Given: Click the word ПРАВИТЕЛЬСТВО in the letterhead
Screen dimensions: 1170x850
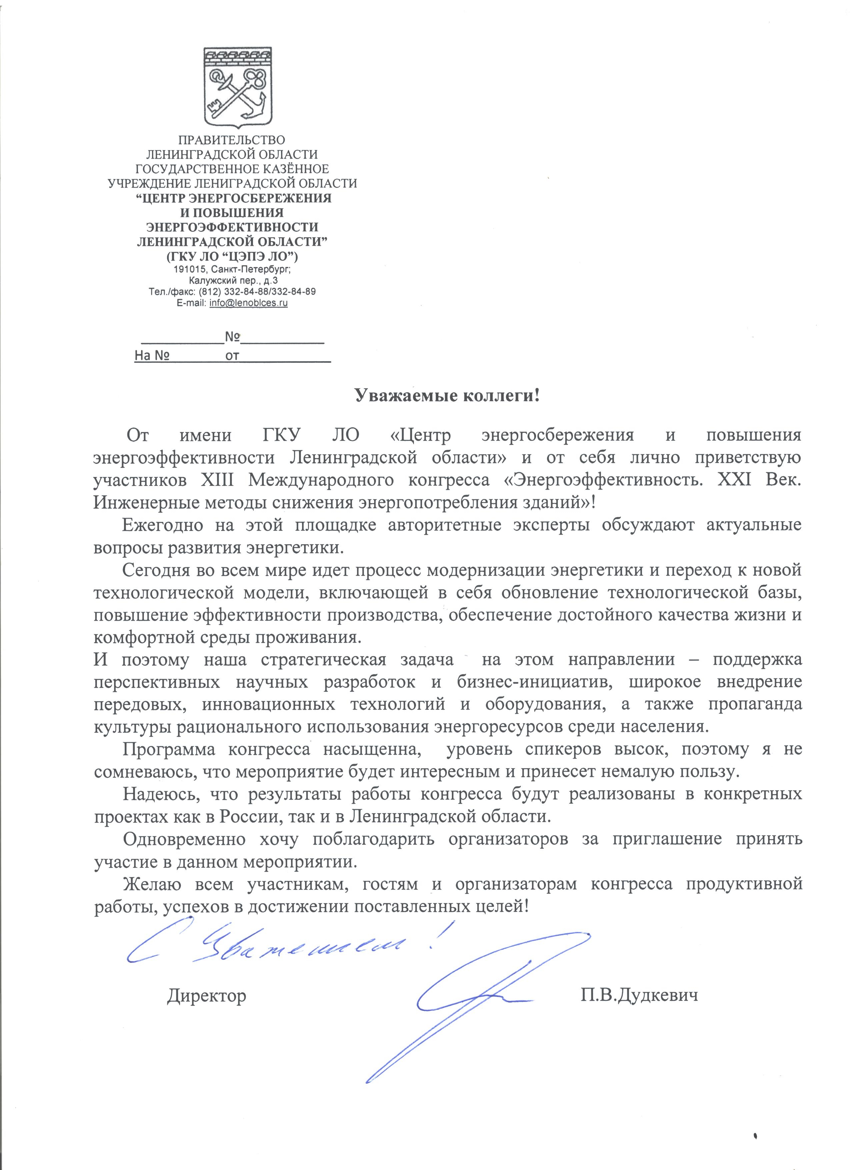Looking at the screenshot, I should [x=231, y=140].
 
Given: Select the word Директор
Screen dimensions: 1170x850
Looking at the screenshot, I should [x=206, y=995].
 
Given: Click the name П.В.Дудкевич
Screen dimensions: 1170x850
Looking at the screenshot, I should [x=639, y=995].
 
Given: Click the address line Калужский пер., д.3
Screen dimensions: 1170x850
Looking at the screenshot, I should [x=233, y=280].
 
